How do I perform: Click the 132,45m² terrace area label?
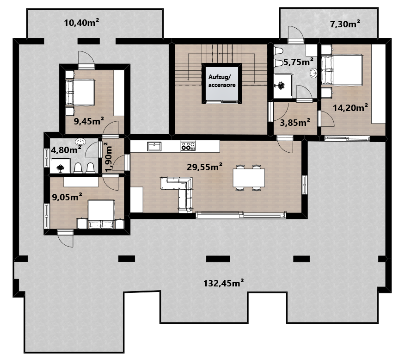[x=223, y=283]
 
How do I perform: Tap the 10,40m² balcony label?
[x=82, y=23]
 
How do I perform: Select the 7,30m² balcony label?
[x=345, y=24]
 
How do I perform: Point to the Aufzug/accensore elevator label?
[x=222, y=81]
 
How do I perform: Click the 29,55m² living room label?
[x=204, y=167]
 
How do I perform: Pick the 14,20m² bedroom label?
[x=350, y=107]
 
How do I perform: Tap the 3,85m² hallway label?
[x=295, y=123]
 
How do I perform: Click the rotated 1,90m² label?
[x=108, y=157]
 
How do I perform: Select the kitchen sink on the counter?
[x=154, y=146]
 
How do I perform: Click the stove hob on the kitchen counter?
[x=188, y=146]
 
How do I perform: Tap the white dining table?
[x=249, y=178]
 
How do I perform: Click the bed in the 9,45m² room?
[x=80, y=92]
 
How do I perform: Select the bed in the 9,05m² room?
[x=102, y=214]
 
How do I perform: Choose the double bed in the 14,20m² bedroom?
[x=342, y=70]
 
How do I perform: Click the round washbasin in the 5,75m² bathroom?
[x=313, y=73]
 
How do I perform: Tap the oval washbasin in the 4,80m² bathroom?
[x=80, y=142]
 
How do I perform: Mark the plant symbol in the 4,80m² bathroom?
[x=60, y=168]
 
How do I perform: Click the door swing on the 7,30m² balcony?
[x=296, y=32]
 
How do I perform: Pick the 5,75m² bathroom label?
[x=298, y=62]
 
